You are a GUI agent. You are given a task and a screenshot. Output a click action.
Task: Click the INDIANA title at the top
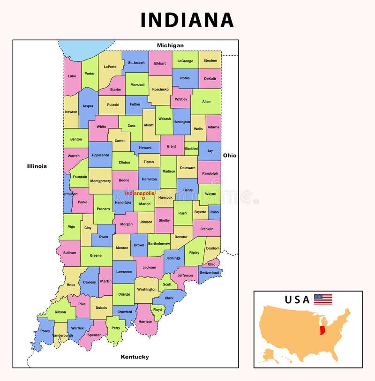pos(187,20)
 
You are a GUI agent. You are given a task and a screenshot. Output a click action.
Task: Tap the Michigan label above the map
pos(170,45)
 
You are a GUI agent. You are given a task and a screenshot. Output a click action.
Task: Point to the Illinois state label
pos(37,166)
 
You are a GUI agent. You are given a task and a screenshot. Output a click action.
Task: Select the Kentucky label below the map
pos(135,357)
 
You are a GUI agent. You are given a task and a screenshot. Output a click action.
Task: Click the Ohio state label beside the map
pos(230,155)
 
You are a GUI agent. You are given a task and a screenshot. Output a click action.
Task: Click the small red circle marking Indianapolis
pos(143,198)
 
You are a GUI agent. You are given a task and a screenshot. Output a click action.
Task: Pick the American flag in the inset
pos(323,299)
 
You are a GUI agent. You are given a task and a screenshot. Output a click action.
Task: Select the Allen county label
pos(206,101)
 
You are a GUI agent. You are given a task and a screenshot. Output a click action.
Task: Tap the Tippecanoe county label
pos(100,155)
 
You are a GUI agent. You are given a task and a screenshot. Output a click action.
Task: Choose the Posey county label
pos(45,331)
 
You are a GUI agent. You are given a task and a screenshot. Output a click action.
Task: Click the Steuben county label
pos(210,60)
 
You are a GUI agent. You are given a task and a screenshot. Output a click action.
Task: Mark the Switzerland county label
pos(209,272)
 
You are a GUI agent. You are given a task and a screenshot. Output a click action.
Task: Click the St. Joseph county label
pos(136,62)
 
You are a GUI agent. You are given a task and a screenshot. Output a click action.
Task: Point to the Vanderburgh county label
pos(62,336)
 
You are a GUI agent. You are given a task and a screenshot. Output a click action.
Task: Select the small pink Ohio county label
pos(212,264)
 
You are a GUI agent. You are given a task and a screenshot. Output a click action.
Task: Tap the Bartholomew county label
pos(159,244)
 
